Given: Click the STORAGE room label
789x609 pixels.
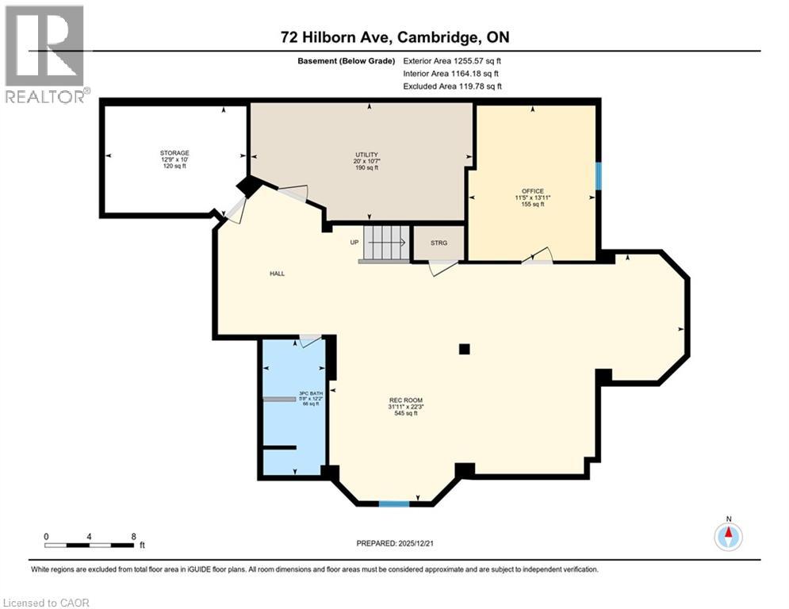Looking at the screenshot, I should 174,153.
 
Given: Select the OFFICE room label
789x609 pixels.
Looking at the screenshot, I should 532,191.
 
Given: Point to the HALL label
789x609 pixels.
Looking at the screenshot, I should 276,274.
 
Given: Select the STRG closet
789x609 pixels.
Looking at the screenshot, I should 439,243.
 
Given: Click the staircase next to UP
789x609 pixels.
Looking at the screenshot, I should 385,243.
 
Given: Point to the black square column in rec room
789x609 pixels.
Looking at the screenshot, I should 464,349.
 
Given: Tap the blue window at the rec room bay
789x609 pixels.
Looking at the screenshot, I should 394,503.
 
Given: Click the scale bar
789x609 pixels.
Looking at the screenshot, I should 89,545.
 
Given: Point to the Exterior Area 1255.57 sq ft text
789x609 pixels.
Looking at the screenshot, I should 453,60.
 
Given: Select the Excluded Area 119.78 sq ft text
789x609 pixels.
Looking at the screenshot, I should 453,86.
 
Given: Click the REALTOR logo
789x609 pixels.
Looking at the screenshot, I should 44,54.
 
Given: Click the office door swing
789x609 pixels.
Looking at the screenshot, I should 541,255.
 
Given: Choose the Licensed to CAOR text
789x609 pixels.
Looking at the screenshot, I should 48,603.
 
